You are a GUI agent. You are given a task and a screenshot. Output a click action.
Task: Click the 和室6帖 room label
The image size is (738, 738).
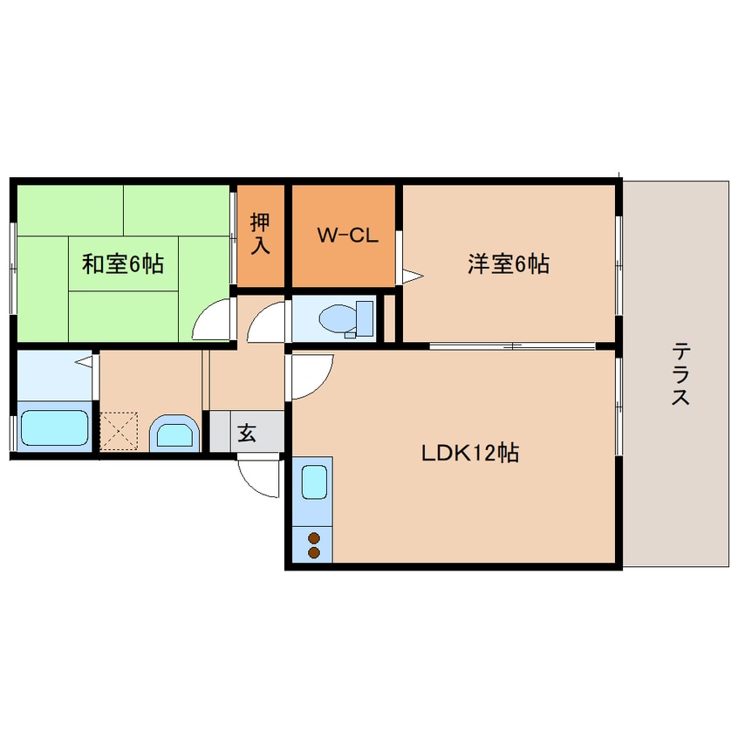pyautogui.click(x=122, y=263)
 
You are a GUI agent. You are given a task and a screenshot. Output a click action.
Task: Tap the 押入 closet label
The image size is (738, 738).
pyautogui.click(x=260, y=234)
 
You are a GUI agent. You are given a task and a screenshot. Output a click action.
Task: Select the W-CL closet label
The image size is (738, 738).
pyautogui.click(x=346, y=235)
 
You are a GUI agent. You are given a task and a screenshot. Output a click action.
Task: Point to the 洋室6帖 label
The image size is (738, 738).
pyautogui.click(x=509, y=263)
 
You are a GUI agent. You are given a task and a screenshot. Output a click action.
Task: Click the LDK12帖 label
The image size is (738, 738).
pyautogui.click(x=470, y=453)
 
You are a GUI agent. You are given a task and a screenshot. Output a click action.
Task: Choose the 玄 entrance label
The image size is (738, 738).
pyautogui.click(x=247, y=432)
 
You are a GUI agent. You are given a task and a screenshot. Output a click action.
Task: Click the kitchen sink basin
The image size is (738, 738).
pyautogui.click(x=313, y=482)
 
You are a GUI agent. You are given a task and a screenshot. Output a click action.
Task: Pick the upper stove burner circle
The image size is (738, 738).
pyautogui.click(x=313, y=538)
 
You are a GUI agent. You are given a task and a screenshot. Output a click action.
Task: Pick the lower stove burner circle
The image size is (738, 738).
pyautogui.click(x=313, y=552)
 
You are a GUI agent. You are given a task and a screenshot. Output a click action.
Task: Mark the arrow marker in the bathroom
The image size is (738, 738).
pyautogui.click(x=85, y=361)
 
